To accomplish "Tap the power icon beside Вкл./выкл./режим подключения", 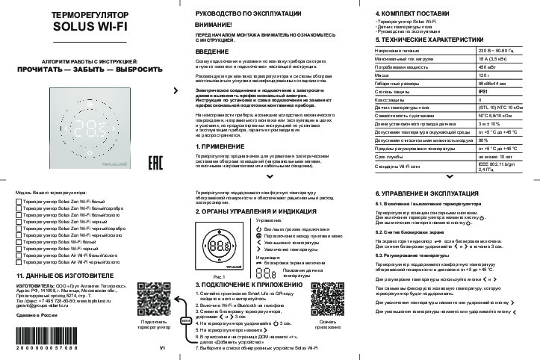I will click(258, 229).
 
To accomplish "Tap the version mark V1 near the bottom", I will click(162, 349).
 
